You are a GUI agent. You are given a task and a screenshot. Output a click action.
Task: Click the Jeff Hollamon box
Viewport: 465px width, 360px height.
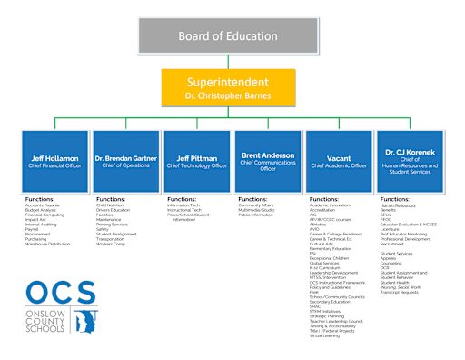pyautogui.click(x=54, y=162)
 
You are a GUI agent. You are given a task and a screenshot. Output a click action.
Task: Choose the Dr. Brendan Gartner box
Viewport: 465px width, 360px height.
pyautogui.click(x=124, y=162)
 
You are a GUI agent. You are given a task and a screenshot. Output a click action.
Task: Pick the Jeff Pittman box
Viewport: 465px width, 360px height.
pyautogui.click(x=195, y=162)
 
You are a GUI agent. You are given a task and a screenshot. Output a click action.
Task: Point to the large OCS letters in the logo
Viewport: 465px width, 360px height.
pyautogui.click(x=60, y=293)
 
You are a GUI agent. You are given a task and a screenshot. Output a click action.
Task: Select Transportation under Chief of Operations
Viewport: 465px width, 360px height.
pyautogui.click(x=114, y=239)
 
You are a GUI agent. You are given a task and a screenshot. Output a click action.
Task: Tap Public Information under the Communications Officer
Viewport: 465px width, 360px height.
pyautogui.click(x=256, y=215)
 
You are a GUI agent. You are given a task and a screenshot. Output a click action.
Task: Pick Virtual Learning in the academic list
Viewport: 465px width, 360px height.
pyautogui.click(x=326, y=335)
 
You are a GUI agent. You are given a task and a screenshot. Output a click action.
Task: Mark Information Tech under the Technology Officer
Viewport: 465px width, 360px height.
pyautogui.click(x=184, y=205)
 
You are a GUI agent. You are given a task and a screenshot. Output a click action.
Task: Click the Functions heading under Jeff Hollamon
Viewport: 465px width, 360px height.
pyautogui.click(x=40, y=198)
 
